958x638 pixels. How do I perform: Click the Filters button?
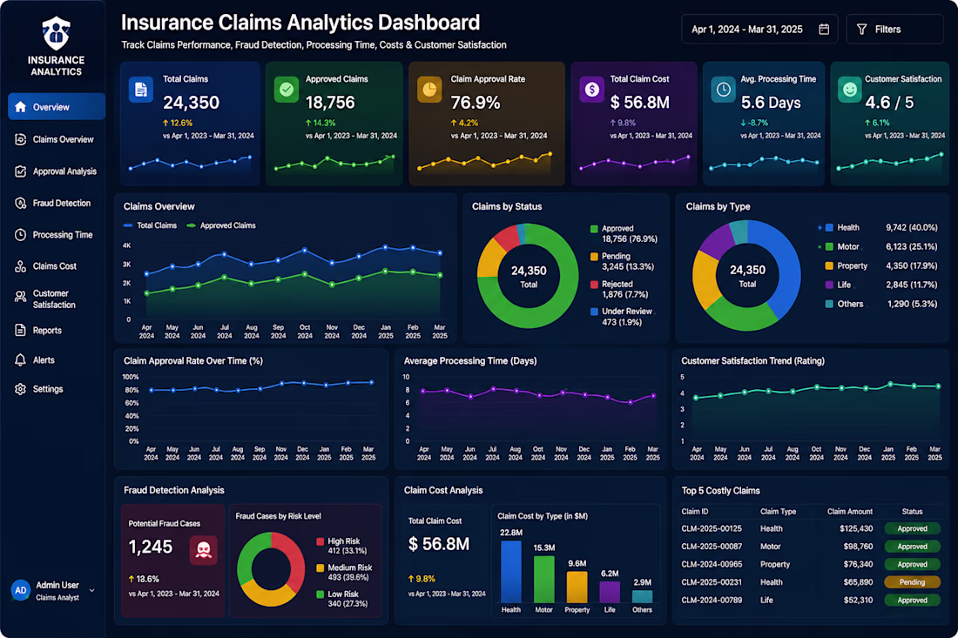894,30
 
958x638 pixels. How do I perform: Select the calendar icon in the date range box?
824,30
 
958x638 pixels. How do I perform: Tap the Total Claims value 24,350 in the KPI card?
192,103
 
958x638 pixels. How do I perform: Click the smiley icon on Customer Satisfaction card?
849,90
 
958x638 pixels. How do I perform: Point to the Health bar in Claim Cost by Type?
510,572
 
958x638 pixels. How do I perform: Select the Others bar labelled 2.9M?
642,596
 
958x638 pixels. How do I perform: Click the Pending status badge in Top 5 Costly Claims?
912,582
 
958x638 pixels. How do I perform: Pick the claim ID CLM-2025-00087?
712,547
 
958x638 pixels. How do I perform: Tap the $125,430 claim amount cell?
856,528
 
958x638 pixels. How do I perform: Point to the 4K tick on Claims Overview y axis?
127,245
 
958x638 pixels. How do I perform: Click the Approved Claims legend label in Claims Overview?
228,225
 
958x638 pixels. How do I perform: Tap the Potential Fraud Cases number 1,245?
151,547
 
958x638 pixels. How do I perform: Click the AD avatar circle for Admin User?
21,590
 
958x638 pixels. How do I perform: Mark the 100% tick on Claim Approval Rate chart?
131,377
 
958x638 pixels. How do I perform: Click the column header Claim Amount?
850,512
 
